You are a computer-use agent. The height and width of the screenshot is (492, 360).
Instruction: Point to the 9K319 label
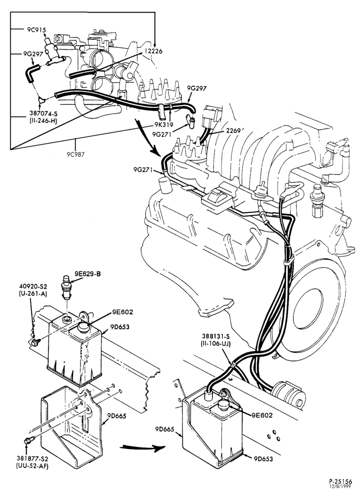point(162,124)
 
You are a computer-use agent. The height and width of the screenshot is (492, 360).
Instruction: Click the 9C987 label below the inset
point(76,154)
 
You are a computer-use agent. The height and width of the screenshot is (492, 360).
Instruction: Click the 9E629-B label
point(88,274)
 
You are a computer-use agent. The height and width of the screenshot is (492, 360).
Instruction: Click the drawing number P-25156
point(340,481)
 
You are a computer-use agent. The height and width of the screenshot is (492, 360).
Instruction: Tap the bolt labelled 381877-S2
point(29,440)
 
